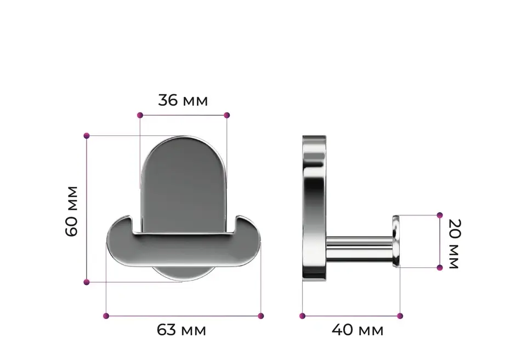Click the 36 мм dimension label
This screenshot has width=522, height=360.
click(183, 100)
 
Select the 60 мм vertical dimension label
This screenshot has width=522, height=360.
click(72, 212)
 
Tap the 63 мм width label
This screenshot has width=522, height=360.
click(181, 330)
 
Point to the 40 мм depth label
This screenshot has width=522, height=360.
click(358, 330)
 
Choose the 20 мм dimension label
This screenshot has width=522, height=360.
click(454, 244)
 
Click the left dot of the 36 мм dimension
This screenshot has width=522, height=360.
click(140, 115)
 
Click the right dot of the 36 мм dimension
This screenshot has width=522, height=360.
click(226, 115)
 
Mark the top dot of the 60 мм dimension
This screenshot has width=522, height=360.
click(87, 136)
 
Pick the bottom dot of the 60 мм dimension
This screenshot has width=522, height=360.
click(87, 282)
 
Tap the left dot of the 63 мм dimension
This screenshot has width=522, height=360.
click(106, 316)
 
